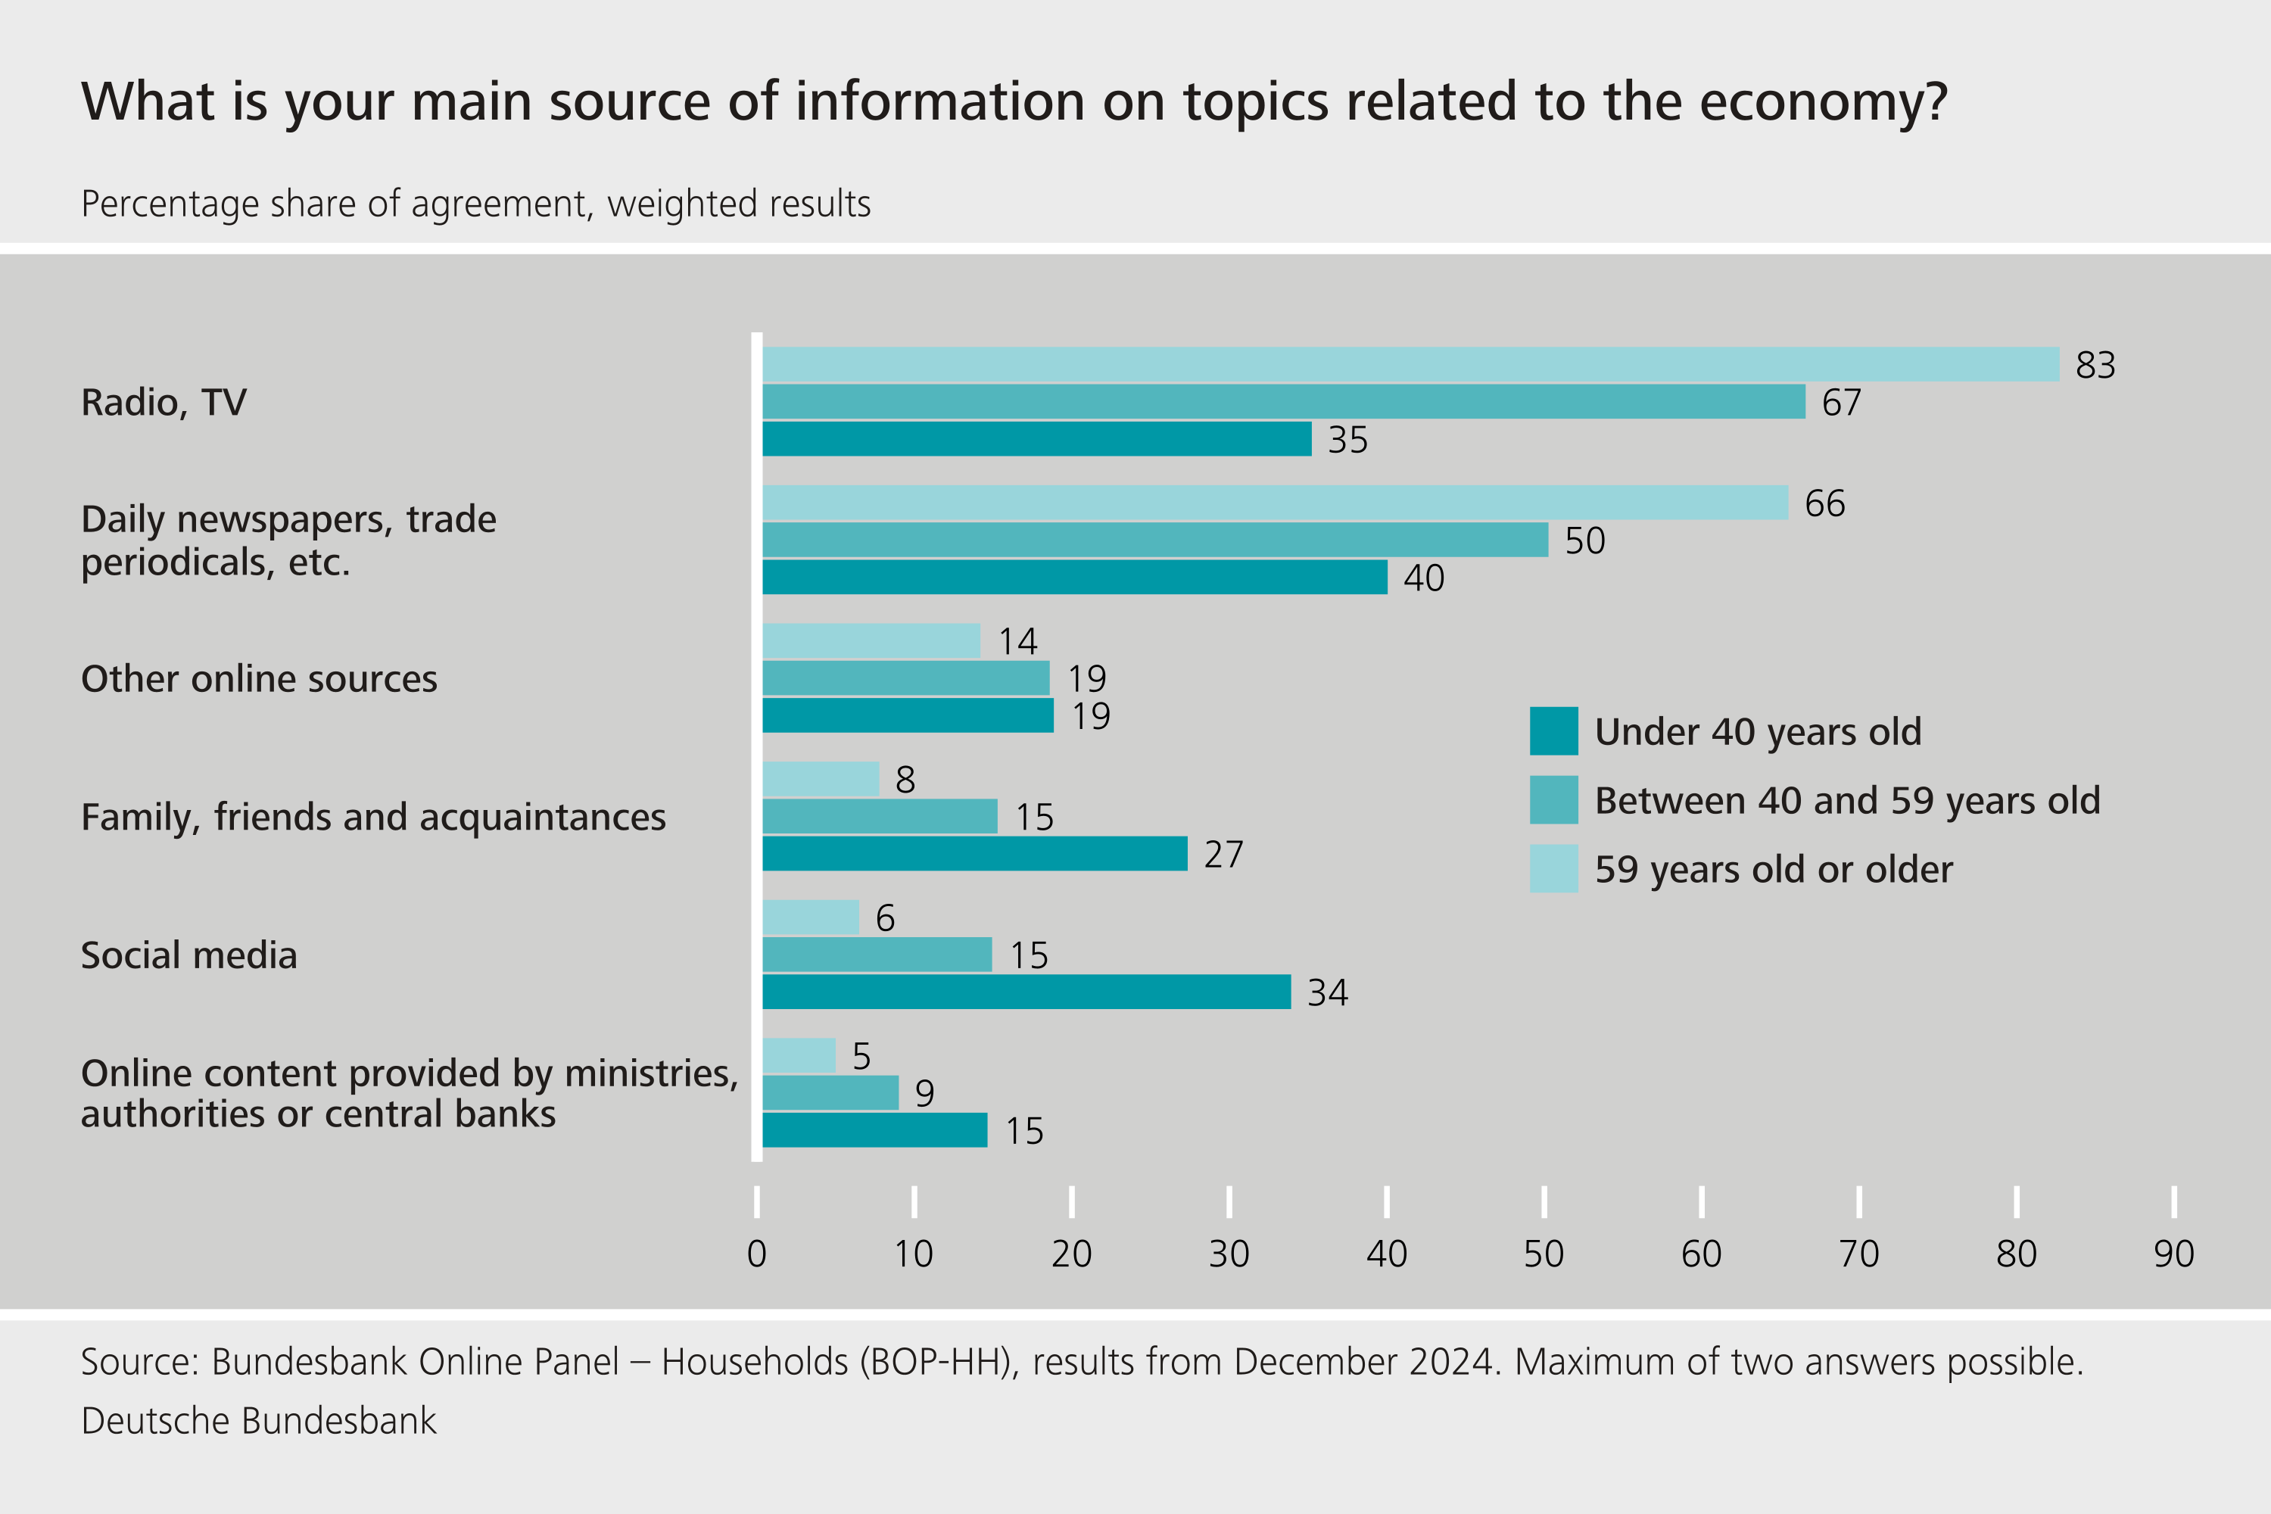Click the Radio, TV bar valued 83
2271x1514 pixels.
pos(1410,364)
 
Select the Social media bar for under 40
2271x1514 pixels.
pos(1026,992)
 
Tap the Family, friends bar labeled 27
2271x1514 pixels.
pos(974,854)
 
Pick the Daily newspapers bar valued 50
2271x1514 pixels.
pos(1155,540)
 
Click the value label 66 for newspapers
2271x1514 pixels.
pos(1825,503)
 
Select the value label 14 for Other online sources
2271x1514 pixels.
pos(1017,641)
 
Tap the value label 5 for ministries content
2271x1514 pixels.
pos(861,1056)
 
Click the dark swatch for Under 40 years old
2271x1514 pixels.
pos(1553,731)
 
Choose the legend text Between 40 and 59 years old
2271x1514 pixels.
pos(1847,800)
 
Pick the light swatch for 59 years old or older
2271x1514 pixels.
pos(1553,868)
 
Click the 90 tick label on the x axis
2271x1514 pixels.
pos(2173,1254)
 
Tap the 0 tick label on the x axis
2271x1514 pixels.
pos(757,1254)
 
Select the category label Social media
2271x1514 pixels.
pos(189,955)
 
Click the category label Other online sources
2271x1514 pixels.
pos(259,679)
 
